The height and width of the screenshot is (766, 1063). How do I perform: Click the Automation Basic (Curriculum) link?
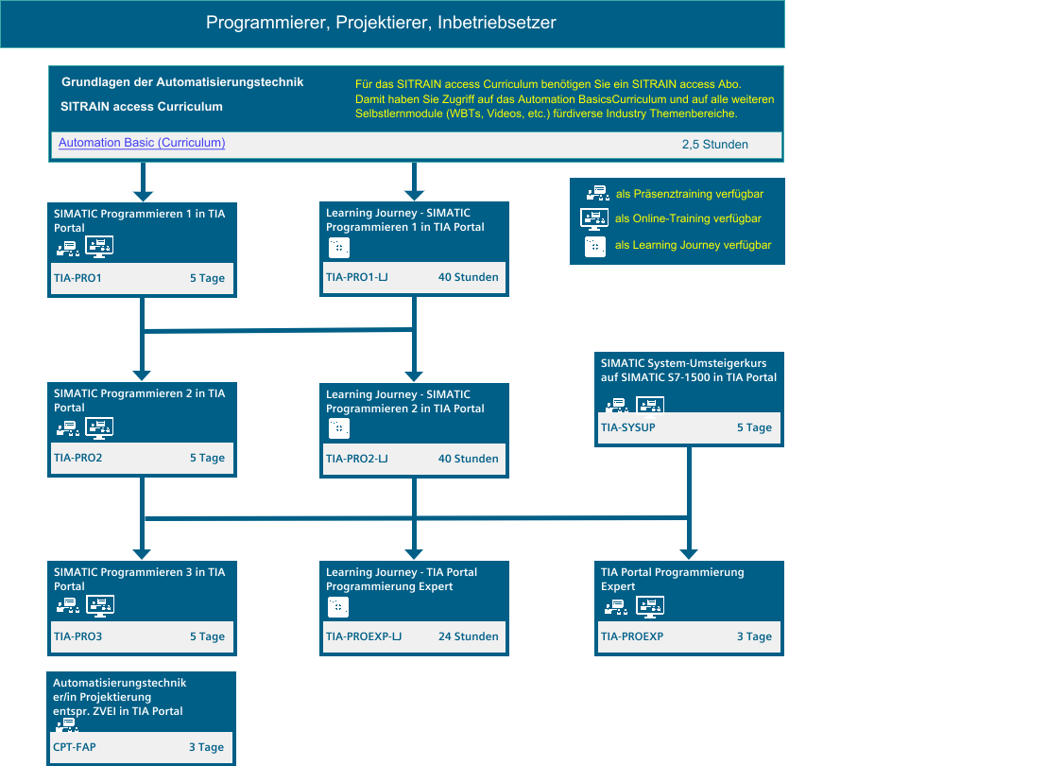(x=142, y=143)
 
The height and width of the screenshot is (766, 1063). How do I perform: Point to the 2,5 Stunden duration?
(x=714, y=145)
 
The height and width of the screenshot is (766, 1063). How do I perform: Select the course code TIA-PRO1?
(x=77, y=278)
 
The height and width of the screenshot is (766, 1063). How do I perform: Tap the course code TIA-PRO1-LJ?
(x=356, y=277)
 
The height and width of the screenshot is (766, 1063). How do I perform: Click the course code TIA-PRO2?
(x=78, y=458)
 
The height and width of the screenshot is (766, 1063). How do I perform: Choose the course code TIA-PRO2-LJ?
(x=356, y=459)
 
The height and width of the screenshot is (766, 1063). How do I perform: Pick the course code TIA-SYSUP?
(x=627, y=427)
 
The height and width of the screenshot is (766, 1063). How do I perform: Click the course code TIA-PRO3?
(x=78, y=636)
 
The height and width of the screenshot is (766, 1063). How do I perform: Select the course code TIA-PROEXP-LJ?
(x=364, y=636)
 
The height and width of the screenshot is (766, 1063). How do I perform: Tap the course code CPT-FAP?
(x=75, y=747)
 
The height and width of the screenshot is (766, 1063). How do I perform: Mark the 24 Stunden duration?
(x=468, y=636)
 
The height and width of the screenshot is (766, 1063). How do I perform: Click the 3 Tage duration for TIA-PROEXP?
(x=754, y=636)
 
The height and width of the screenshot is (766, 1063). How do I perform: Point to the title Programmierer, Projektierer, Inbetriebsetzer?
(x=381, y=23)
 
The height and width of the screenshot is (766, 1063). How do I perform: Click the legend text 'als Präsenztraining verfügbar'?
(x=690, y=194)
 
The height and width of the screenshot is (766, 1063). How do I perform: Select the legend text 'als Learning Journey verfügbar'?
(x=693, y=245)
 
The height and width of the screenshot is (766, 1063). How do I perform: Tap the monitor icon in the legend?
(x=594, y=219)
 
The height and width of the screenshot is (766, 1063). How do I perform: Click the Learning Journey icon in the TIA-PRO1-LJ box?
(x=339, y=248)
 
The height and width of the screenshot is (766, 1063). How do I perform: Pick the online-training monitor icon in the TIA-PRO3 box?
(x=100, y=606)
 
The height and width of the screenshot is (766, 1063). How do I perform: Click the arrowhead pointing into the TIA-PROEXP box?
(x=689, y=553)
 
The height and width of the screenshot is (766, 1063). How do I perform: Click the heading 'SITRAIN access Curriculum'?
(x=142, y=107)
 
